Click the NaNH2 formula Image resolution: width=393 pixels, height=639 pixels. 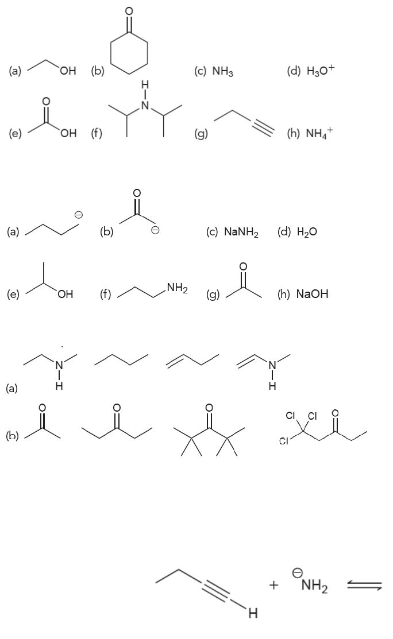[233, 232]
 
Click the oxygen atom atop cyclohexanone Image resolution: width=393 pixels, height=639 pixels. [129, 10]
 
